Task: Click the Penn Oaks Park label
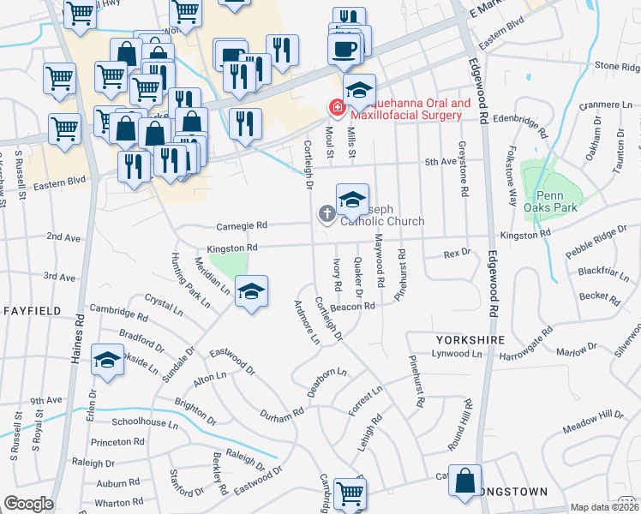coord(551,200)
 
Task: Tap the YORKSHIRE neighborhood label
coord(470,340)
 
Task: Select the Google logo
coord(28,504)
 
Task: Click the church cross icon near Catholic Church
coord(326,213)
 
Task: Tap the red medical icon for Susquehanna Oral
coord(337,108)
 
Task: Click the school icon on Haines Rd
coord(108,362)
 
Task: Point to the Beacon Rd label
coord(357,306)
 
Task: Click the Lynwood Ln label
coord(452,353)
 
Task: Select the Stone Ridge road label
coord(618,65)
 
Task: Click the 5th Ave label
coord(441,161)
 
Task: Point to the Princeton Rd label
coord(116,442)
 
